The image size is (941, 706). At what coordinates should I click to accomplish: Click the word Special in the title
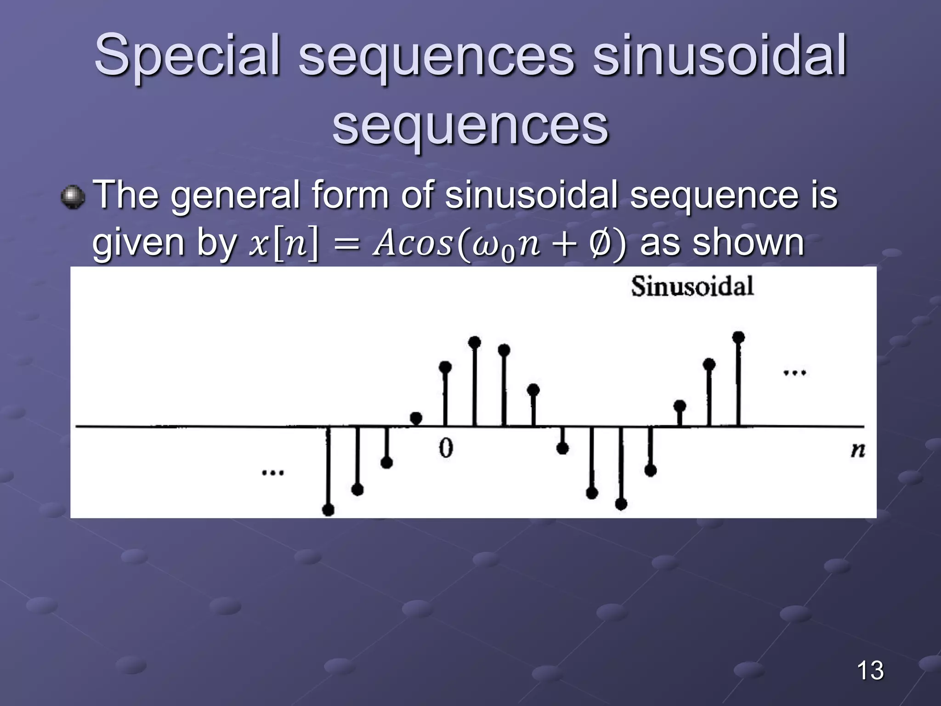(x=187, y=56)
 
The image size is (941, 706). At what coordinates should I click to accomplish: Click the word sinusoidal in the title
(x=719, y=56)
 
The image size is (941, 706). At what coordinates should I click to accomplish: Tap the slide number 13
(x=870, y=670)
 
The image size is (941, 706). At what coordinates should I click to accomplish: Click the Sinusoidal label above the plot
(x=692, y=286)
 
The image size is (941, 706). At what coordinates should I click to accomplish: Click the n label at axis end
(x=857, y=450)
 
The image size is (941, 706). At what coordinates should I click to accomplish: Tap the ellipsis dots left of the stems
(x=272, y=472)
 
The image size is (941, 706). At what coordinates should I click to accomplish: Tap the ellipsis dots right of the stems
(x=794, y=373)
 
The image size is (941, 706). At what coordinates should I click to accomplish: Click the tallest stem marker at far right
(x=738, y=338)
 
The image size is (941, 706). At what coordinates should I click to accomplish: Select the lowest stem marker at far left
(x=328, y=509)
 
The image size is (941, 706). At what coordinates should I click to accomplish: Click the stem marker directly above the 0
(x=445, y=367)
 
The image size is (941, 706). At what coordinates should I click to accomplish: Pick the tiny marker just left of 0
(x=416, y=418)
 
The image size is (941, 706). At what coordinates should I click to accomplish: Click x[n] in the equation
(x=283, y=244)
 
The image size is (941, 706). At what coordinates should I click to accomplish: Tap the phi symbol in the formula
(x=599, y=244)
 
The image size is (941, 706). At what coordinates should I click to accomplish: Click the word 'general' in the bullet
(x=235, y=195)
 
